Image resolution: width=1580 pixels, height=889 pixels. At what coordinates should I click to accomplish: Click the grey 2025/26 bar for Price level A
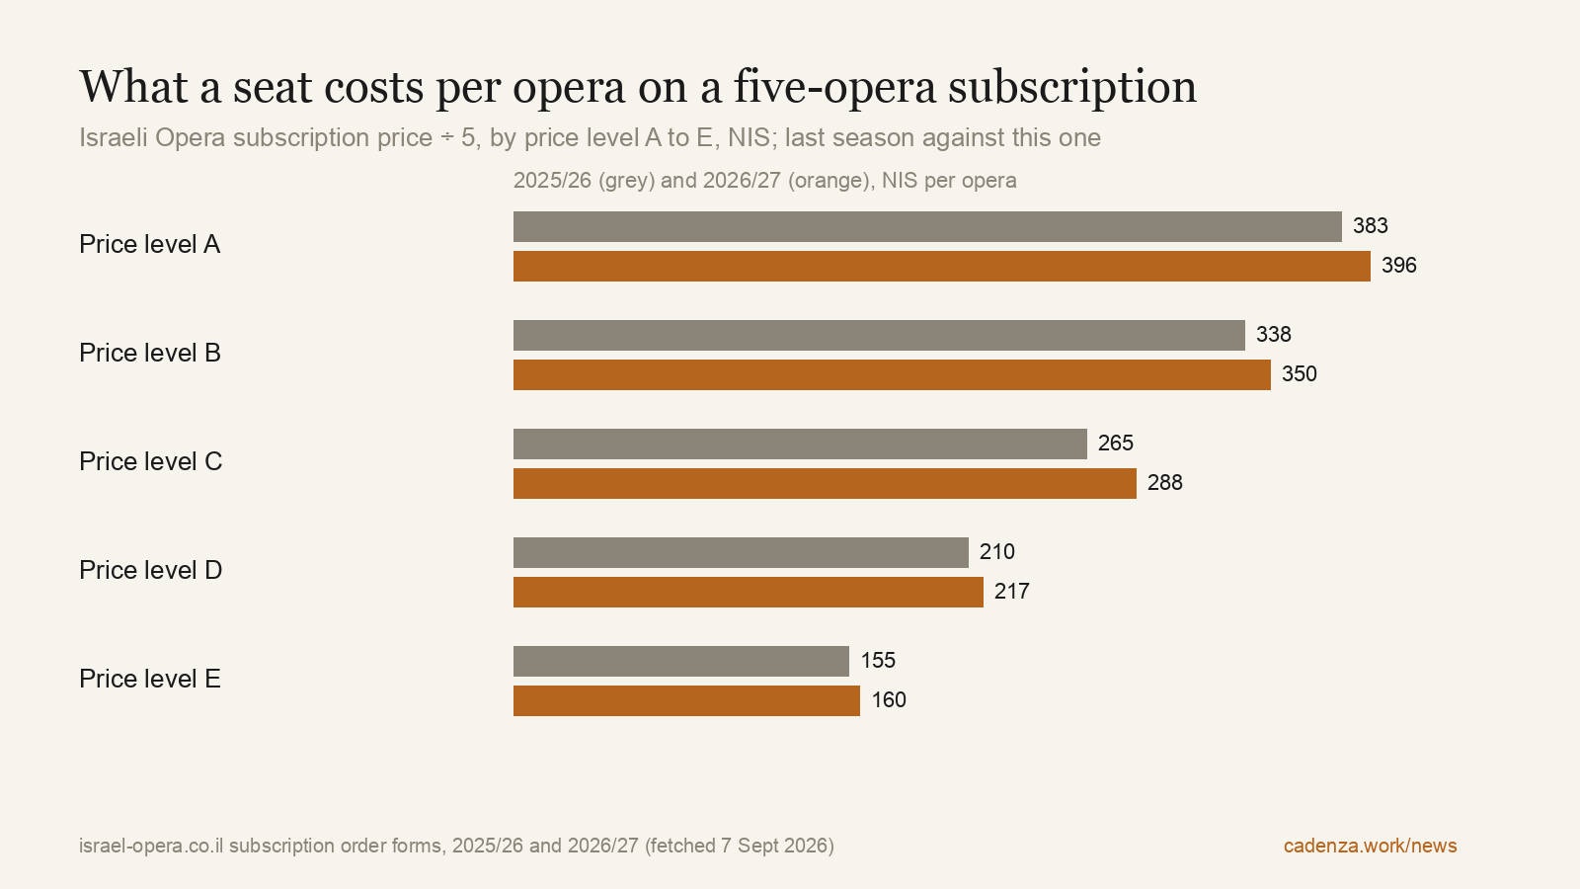927,226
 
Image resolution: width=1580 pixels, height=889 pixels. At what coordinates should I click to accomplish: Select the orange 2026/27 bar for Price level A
942,266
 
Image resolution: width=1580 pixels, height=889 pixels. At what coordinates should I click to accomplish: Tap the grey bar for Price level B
879,335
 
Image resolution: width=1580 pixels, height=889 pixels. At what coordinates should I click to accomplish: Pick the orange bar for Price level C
825,483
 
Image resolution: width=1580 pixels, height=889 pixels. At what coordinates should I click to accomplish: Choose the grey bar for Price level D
741,552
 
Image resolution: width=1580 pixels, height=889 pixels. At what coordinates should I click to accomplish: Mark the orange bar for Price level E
686,700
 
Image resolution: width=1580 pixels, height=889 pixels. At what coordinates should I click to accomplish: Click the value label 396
1398,266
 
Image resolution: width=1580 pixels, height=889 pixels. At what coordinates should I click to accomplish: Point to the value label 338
1273,335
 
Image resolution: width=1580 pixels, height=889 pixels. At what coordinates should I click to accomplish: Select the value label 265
1115,444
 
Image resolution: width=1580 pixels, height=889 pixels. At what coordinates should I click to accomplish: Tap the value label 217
1011,592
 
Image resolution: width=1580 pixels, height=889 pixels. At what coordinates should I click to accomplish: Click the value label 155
878,661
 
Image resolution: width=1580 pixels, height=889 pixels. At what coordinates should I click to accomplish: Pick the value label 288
1164,483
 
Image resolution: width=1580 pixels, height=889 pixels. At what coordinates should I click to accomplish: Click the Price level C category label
150,461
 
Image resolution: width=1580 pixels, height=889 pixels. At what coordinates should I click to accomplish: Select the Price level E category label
149,679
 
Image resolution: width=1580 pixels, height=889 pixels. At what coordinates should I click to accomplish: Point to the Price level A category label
149,244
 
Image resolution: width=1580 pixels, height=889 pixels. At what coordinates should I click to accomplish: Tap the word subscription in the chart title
1072,89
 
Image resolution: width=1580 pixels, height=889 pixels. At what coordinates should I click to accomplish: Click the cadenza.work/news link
1370,846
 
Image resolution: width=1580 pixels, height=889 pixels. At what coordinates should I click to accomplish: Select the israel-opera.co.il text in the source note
151,846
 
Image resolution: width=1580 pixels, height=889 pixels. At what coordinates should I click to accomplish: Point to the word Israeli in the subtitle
114,137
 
